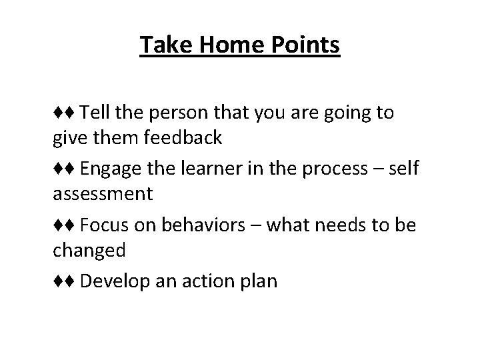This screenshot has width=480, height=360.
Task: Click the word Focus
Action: point(103,225)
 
